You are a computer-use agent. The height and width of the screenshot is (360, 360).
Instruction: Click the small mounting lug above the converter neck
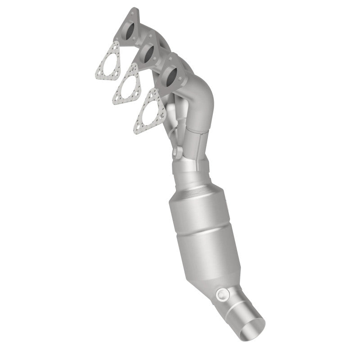(x=177, y=151)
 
